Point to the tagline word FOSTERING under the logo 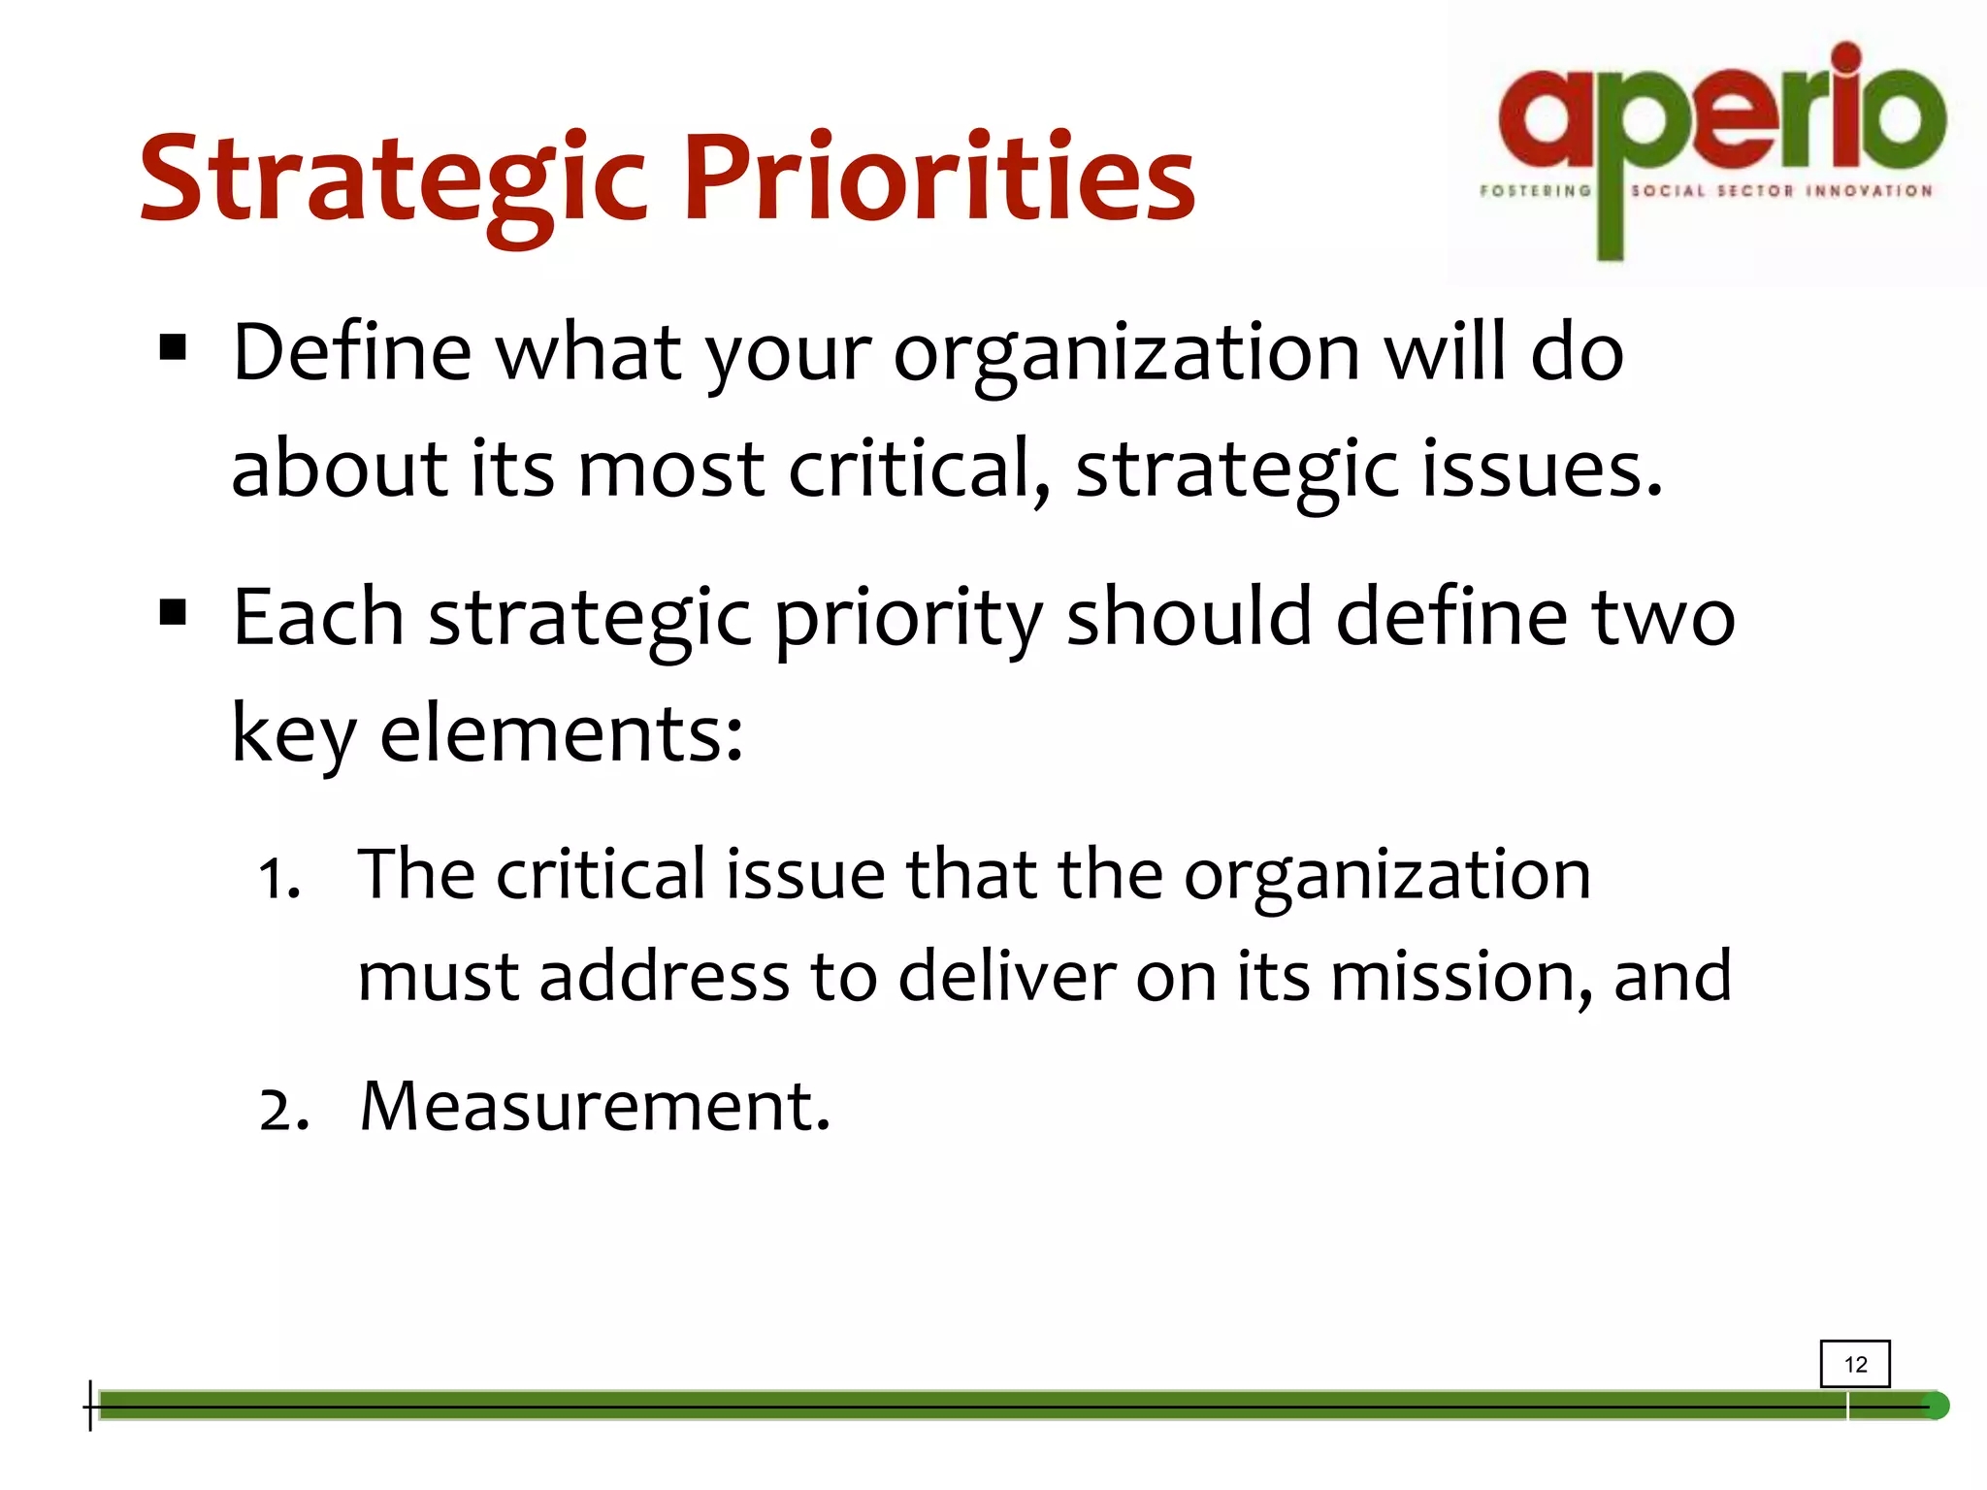point(1535,191)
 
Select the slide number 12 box point(1855,1364)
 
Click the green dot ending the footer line point(1936,1406)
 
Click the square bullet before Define point(173,347)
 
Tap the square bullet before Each point(173,612)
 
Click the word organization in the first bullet point(1126,354)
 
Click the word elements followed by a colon point(561,733)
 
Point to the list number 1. point(277,880)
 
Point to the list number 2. point(282,1111)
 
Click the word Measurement point(595,1106)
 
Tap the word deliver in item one point(1006,977)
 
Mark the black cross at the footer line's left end point(90,1406)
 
